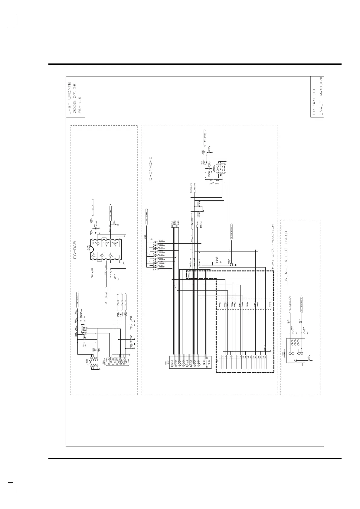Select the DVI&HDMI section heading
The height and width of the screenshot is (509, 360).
[x=150, y=169]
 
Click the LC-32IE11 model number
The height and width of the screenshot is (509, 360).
[x=315, y=102]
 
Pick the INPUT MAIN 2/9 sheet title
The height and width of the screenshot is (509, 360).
[x=321, y=97]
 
